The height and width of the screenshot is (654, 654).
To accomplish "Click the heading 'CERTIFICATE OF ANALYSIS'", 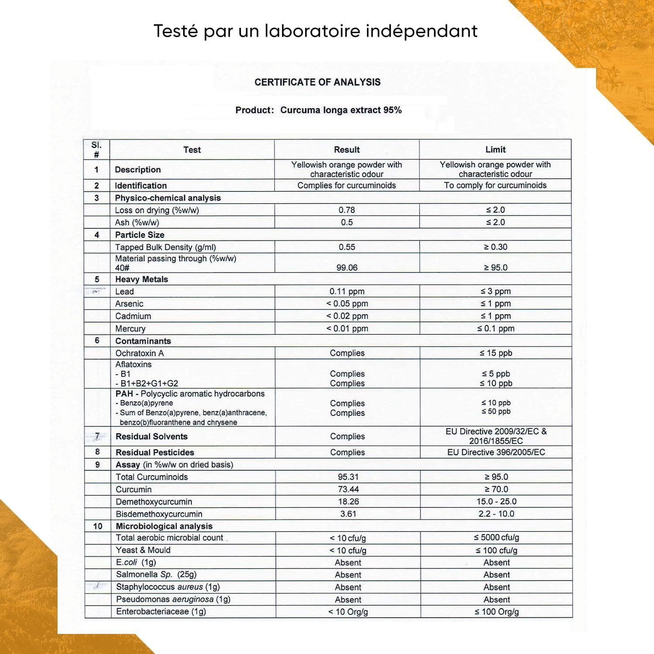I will tap(317, 82).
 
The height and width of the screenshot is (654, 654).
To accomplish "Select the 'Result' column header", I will tap(347, 150).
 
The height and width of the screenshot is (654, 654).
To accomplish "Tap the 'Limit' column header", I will tap(495, 150).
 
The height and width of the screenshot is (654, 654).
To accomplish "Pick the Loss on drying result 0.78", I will tap(347, 210).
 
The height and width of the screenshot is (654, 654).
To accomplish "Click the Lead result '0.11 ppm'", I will tap(347, 291).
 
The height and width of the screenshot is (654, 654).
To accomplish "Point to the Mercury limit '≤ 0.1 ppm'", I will tap(496, 328).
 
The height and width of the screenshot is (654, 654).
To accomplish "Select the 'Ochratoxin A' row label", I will tap(140, 353).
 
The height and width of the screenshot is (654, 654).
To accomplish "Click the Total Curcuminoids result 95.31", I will tap(348, 477).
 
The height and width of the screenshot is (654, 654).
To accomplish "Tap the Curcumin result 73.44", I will tap(348, 489).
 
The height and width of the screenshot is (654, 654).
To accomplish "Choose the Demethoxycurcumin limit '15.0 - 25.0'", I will tap(496, 501).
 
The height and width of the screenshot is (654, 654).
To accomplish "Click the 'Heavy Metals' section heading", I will tap(141, 279).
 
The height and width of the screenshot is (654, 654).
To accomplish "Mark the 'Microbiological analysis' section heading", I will tap(164, 526).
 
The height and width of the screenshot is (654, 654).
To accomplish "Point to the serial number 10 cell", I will tap(98, 526).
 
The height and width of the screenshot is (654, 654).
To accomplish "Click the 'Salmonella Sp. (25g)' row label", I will tap(156, 575).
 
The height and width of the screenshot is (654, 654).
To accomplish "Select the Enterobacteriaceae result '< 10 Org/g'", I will tap(348, 612).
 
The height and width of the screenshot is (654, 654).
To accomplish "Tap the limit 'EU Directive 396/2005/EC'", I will tap(496, 452).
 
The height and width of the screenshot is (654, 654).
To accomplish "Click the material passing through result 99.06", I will tap(347, 267).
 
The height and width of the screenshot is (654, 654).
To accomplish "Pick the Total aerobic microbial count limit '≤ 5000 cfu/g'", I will tap(496, 538).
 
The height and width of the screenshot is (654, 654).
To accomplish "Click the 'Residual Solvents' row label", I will tap(151, 436).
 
